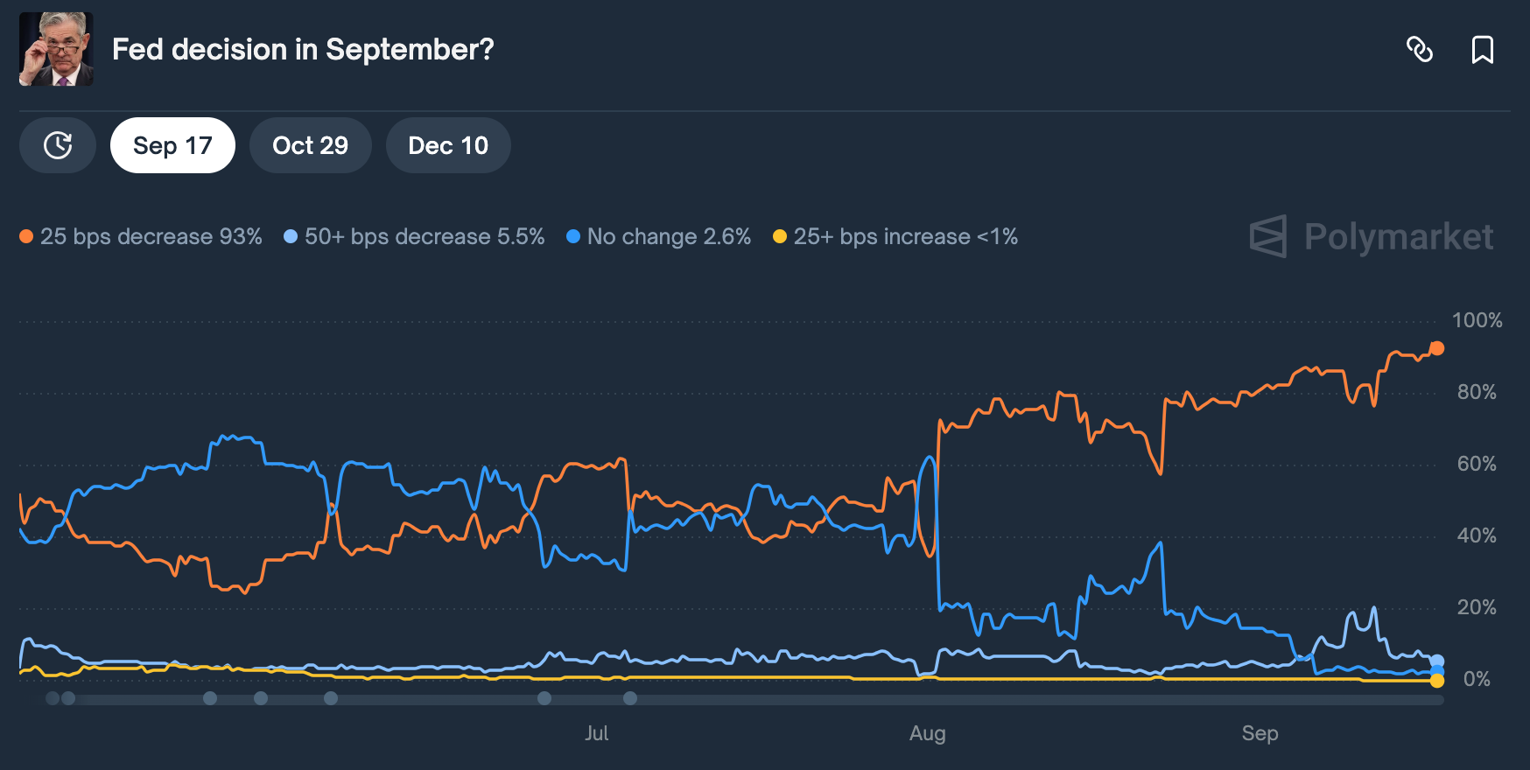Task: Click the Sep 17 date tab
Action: [172, 145]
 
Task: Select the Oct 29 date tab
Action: [310, 145]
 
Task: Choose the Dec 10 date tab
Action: [448, 145]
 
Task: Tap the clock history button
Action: [58, 145]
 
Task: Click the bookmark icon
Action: [1482, 50]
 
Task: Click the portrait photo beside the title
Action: [56, 49]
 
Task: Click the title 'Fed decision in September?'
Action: [303, 50]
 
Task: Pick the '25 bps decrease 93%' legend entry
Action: [141, 236]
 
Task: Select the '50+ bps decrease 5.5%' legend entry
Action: [414, 236]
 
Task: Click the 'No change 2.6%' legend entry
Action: [659, 236]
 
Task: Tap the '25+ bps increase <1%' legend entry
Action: [895, 236]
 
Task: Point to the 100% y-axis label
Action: [1477, 320]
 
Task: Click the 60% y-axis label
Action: [1477, 464]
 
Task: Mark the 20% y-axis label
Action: [1477, 607]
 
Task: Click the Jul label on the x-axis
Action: [597, 733]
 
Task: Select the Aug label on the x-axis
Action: [927, 733]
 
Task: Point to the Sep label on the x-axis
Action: [1260, 733]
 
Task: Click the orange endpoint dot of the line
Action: [1436, 348]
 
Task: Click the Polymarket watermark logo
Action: [1372, 236]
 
